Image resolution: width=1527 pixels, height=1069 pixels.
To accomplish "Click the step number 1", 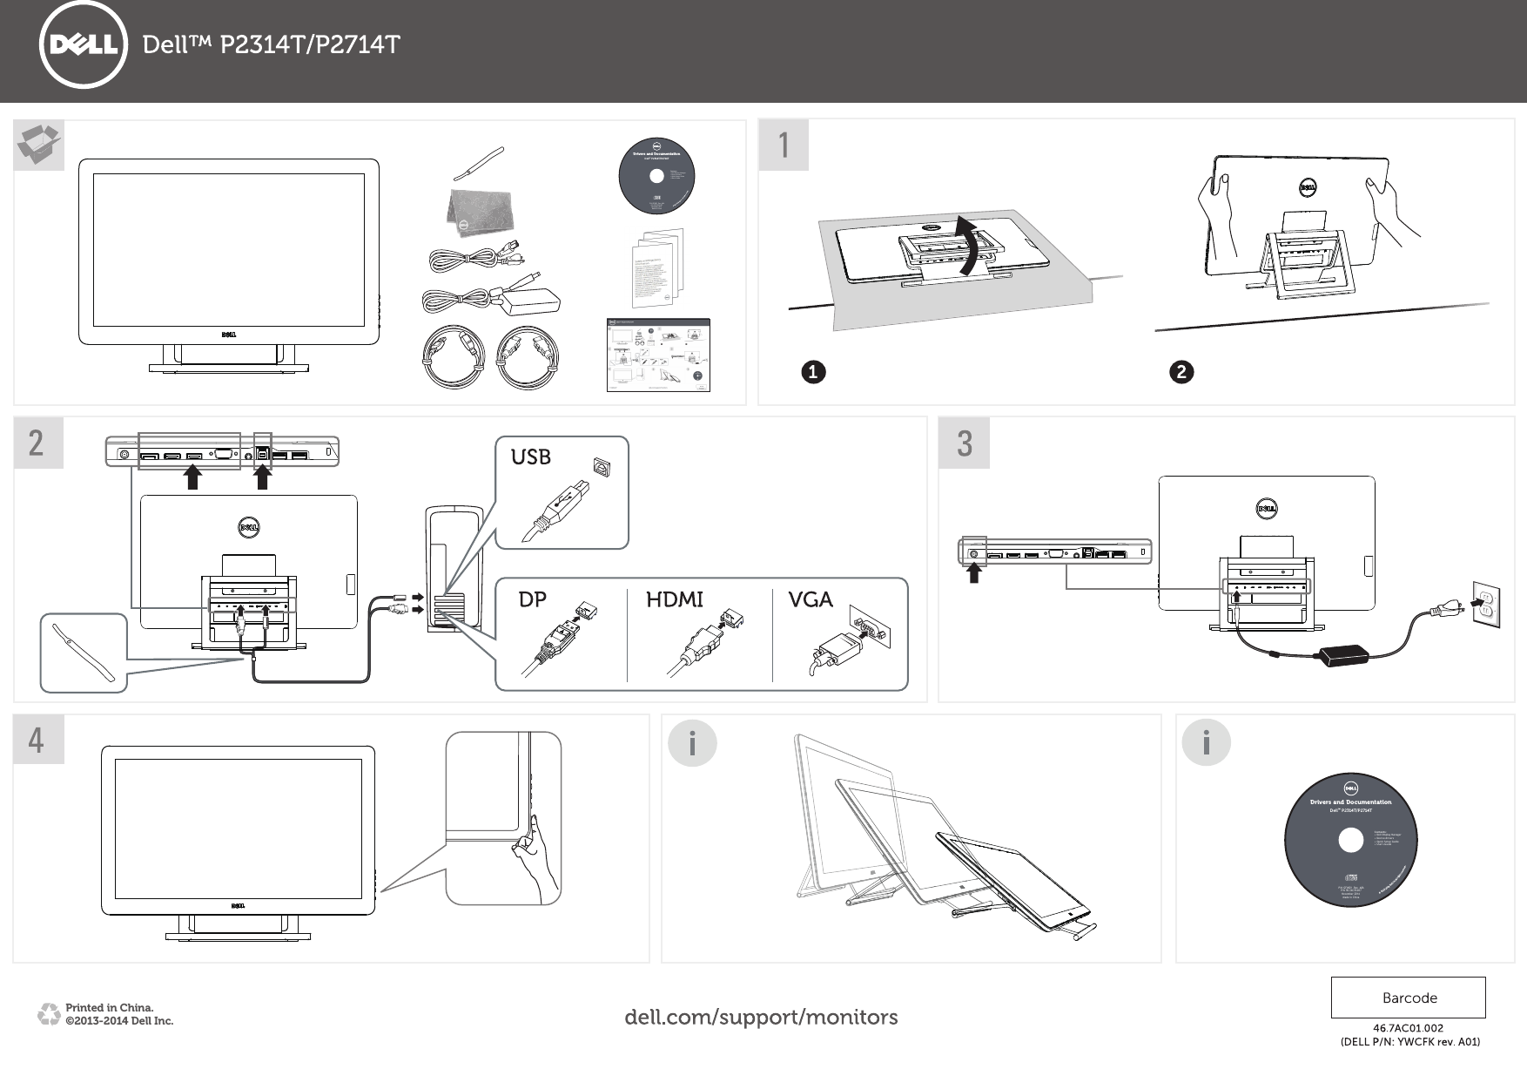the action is click(x=784, y=145).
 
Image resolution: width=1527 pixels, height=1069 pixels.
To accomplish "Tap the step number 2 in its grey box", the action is click(x=37, y=443).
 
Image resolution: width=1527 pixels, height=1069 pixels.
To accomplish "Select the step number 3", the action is click(x=964, y=443).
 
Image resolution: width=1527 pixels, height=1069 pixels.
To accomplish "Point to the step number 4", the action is click(x=37, y=741).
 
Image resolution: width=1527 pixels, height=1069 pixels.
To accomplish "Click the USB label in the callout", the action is click(x=531, y=457).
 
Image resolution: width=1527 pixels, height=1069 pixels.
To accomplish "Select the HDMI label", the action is click(x=674, y=600).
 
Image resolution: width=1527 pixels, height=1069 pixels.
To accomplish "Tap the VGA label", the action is click(x=811, y=600).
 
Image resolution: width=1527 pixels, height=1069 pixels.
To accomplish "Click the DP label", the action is click(x=533, y=600).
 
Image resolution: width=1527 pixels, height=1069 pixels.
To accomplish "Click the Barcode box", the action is click(x=1409, y=998).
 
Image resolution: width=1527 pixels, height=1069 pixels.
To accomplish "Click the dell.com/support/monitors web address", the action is click(x=762, y=1017).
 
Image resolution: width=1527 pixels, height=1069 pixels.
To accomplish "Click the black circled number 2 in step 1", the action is click(x=1181, y=373).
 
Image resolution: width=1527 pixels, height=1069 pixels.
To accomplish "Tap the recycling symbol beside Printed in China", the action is click(x=48, y=1014).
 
